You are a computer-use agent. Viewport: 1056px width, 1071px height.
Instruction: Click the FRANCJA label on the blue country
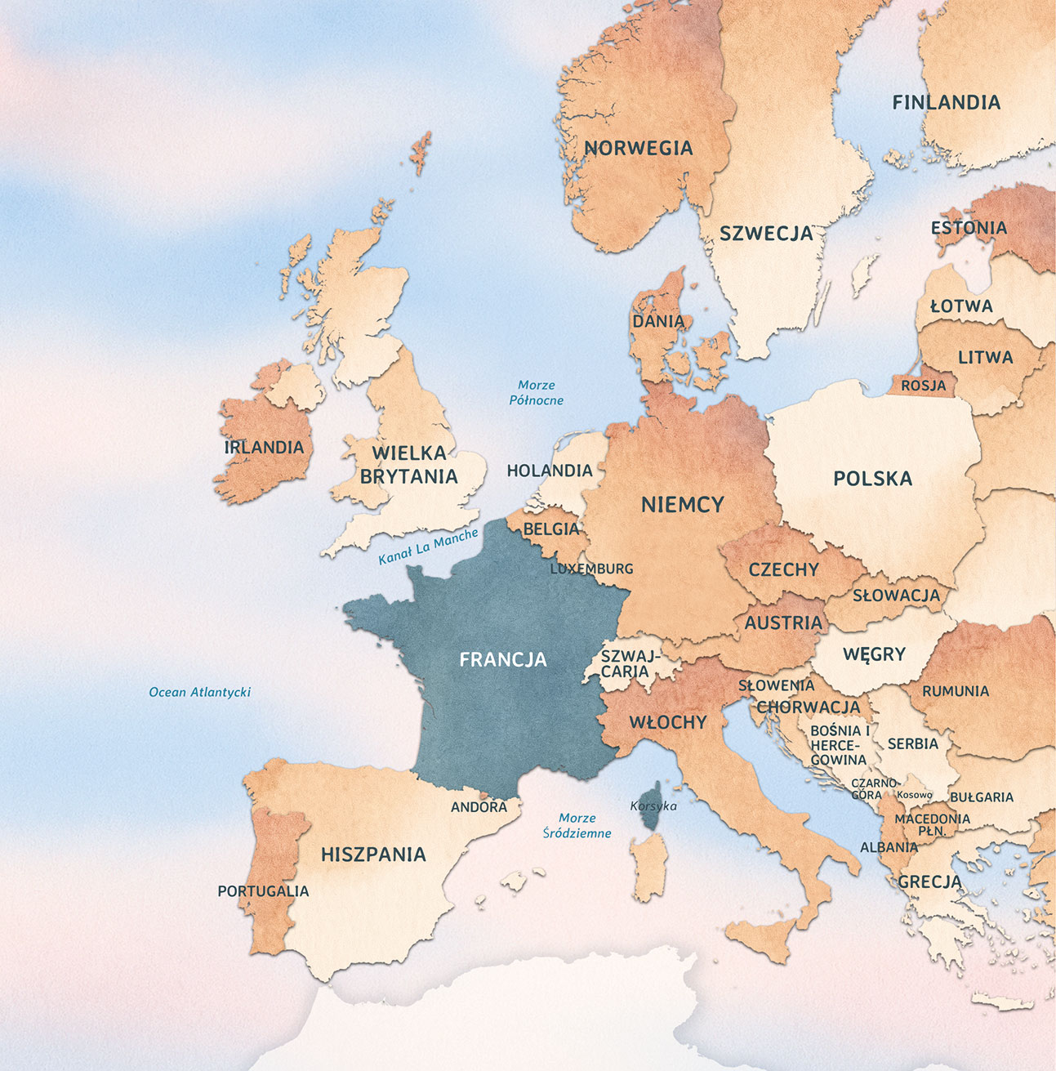tap(503, 659)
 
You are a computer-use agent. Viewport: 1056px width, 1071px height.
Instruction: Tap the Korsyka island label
tap(653, 806)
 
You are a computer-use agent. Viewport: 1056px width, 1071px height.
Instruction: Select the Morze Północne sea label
tap(537, 392)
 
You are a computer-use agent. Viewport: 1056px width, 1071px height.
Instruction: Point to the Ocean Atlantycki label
tap(199, 692)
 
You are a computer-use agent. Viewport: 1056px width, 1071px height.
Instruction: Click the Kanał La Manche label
tap(428, 547)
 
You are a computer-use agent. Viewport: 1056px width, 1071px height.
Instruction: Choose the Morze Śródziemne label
tap(577, 825)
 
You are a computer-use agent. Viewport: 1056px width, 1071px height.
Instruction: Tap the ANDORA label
tap(479, 807)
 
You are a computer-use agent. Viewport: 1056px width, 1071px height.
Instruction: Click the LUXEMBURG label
tap(591, 569)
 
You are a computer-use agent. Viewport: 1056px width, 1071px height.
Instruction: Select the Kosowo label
tap(914, 795)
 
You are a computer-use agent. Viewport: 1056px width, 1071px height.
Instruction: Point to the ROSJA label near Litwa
tap(923, 386)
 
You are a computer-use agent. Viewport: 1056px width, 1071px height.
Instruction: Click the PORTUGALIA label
tap(263, 891)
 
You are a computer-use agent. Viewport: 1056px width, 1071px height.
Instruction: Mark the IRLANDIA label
tap(264, 448)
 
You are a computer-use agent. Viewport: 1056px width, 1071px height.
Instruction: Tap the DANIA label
tap(658, 321)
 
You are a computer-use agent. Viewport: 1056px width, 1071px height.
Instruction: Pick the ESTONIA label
tap(969, 228)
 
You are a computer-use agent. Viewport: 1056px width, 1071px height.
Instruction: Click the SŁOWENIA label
tap(776, 685)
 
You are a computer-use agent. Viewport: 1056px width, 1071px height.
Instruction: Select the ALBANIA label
tap(889, 847)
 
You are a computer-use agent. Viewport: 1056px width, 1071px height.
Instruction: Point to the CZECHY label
tap(783, 569)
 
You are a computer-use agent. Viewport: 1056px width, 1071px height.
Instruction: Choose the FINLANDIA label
tap(946, 103)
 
